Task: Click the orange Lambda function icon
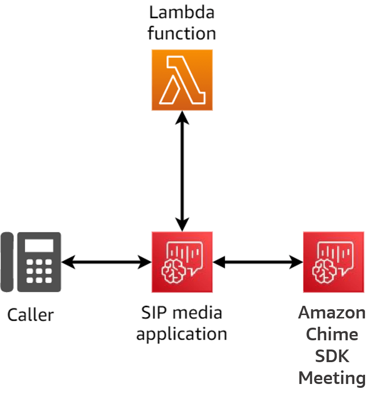182,80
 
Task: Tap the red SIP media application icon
182,262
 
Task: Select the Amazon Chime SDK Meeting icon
333,262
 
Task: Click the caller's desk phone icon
31,262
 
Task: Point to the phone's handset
7,262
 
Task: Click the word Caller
31,315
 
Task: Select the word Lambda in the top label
182,12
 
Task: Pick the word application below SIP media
182,334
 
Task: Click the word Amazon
332,312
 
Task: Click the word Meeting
332,378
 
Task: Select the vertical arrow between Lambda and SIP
182,170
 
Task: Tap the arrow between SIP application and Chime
258,263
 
